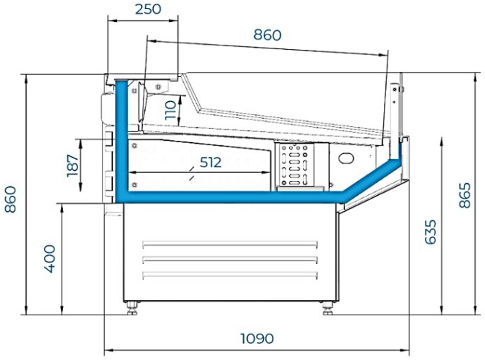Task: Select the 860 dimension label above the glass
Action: click(267, 34)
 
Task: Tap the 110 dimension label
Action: click(171, 110)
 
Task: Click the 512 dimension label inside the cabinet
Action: click(210, 162)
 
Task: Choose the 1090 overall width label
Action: click(256, 339)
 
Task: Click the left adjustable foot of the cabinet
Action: click(133, 305)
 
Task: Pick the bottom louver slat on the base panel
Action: click(230, 275)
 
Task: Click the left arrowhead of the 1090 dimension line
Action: click(108, 348)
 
